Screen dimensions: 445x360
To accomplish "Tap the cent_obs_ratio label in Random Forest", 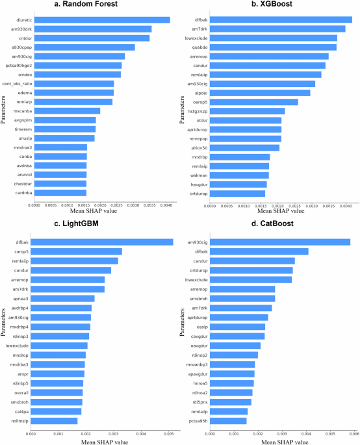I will pos(18,83).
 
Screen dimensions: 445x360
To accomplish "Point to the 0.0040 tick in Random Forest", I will pos(166,205).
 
